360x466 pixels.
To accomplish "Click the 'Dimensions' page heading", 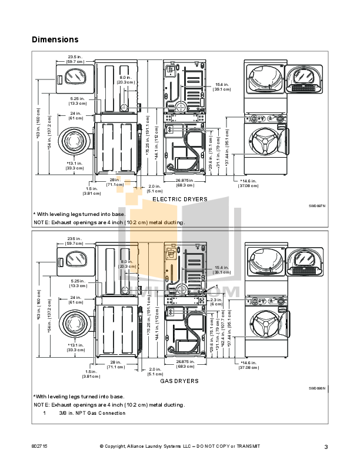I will tap(55, 40).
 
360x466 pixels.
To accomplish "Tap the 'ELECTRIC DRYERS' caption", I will tap(179, 199).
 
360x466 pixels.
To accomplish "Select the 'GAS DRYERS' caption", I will tap(179, 381).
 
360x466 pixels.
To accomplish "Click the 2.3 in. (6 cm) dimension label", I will tap(216, 302).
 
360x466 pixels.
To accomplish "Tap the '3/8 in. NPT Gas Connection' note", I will tap(92, 413).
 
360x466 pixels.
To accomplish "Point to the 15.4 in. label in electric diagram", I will tap(222, 86).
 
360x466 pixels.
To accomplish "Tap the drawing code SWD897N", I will tap(316, 206).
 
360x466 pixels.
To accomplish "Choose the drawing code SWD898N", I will tap(316, 388).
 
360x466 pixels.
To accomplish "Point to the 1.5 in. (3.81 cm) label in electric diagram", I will tap(91, 191).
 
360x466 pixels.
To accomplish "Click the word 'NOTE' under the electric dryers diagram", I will tap(41, 223).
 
